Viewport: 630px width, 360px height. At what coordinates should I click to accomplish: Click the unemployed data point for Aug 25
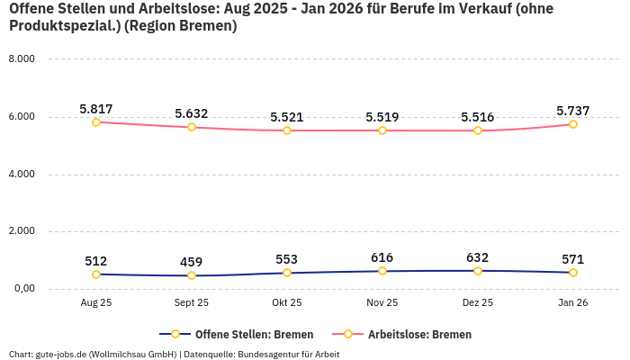[x=96, y=122]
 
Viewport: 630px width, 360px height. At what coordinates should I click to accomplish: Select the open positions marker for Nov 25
[x=382, y=271]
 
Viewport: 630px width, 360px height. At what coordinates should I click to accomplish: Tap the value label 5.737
[x=573, y=111]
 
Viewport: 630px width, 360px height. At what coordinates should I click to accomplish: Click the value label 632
[x=478, y=257]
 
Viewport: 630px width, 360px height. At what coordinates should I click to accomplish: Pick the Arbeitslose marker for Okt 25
[x=287, y=130]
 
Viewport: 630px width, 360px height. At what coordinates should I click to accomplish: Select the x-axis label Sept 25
[x=192, y=303]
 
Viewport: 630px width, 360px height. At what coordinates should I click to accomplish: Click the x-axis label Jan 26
[x=573, y=303]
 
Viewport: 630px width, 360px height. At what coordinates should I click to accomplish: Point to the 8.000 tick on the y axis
[x=21, y=59]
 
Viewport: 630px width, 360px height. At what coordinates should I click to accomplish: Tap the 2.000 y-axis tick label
[x=21, y=231]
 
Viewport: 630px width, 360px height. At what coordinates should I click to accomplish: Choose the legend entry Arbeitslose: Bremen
[x=419, y=334]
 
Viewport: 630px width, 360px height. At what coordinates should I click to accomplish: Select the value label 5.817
[x=96, y=109]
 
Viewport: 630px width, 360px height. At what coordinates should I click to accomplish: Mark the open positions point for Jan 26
[x=573, y=273]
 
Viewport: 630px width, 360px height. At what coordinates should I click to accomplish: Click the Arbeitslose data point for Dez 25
[x=478, y=130]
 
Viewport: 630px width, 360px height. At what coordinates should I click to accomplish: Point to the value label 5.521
[x=287, y=117]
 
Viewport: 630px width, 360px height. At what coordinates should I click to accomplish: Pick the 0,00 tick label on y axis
[x=22, y=289]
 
